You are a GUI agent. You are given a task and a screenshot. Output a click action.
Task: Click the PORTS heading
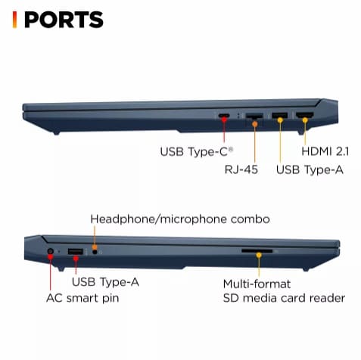click(64, 20)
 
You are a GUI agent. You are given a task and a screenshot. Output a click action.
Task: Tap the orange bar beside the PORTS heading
click(14, 20)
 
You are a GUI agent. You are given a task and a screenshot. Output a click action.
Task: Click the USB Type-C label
click(197, 152)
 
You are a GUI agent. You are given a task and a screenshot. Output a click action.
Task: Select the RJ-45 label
click(241, 169)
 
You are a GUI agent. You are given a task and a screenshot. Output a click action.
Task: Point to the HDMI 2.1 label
click(325, 151)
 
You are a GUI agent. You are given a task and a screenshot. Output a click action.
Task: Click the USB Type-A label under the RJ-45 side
click(310, 169)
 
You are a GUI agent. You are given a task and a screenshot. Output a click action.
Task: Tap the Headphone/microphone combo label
click(180, 219)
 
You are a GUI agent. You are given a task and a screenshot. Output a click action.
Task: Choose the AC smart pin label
click(82, 298)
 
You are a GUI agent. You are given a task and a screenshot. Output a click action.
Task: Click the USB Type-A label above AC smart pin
click(105, 282)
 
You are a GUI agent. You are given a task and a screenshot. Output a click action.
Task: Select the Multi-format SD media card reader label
click(284, 291)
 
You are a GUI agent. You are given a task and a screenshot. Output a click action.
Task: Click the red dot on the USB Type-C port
click(224, 119)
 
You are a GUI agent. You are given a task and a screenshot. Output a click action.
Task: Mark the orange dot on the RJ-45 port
click(255, 124)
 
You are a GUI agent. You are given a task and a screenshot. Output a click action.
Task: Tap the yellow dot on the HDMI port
click(305, 120)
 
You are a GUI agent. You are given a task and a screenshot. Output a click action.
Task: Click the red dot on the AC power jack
click(50, 256)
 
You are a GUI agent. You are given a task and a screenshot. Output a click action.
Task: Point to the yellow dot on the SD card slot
click(259, 255)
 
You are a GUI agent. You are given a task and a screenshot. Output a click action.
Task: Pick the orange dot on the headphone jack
click(95, 247)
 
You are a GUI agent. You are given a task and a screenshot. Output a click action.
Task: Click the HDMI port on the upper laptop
click(305, 115)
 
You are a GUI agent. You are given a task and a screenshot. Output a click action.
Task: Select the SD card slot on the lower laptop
click(257, 251)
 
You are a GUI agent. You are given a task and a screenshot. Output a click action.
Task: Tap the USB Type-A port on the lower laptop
click(76, 251)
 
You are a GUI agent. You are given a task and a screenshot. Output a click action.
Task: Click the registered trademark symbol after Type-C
click(231, 149)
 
